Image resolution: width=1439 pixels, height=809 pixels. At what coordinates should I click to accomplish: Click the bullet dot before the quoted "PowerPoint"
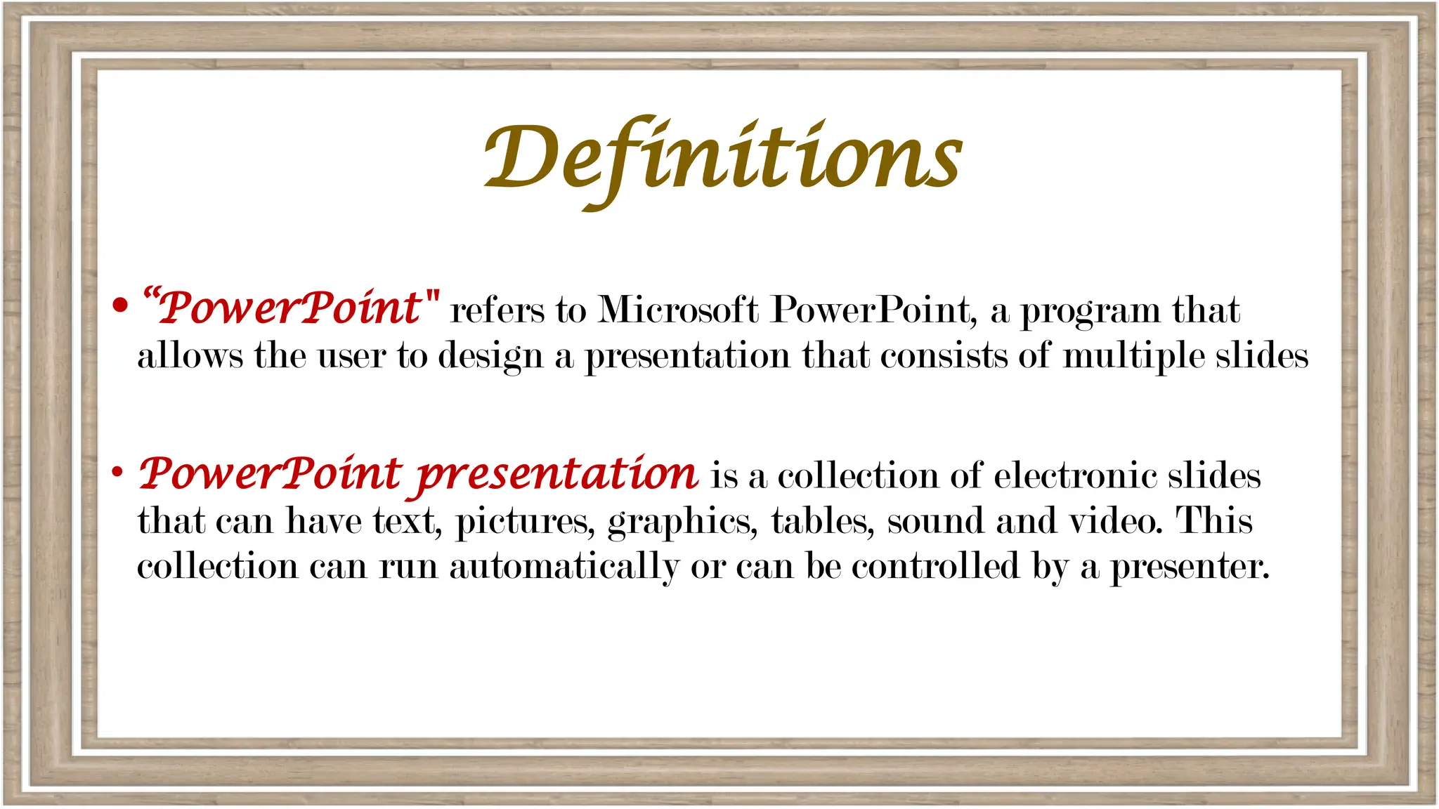tap(120, 305)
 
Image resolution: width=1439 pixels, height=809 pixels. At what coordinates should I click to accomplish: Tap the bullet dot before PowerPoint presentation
tap(117, 472)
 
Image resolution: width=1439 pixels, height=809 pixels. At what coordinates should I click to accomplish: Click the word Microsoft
tap(678, 309)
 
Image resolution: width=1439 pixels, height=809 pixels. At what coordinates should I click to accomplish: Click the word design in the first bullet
tap(491, 356)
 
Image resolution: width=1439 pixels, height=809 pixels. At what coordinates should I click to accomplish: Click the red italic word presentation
tap(557, 475)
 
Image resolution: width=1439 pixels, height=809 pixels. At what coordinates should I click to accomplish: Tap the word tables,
tap(823, 521)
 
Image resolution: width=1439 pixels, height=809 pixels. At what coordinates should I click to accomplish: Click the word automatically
tap(564, 567)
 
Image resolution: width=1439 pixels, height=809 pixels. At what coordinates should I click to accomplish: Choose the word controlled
tap(935, 565)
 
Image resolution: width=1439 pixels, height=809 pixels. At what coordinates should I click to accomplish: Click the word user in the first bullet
tap(351, 356)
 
